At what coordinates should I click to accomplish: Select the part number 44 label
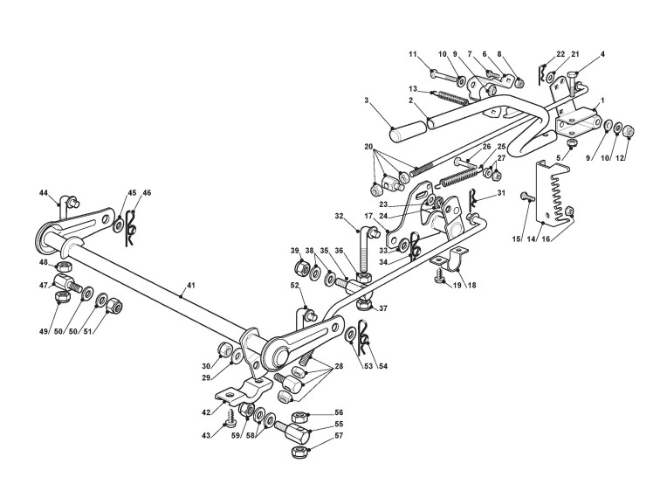[43, 192]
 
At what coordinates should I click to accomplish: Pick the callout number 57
[339, 433]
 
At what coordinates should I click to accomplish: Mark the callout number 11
[413, 55]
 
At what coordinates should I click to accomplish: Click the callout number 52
[295, 285]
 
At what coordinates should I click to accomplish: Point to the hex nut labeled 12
[629, 132]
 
